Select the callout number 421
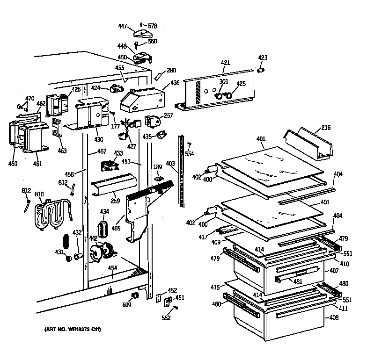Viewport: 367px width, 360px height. click(225, 63)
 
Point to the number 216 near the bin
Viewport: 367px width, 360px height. click(326, 128)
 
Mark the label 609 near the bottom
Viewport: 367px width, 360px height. click(126, 305)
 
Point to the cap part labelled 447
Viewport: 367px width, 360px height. click(141, 33)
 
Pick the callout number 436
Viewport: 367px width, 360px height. click(175, 83)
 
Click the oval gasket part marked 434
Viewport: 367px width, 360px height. click(104, 229)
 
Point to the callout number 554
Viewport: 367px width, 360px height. click(189, 154)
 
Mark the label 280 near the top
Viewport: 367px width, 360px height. click(171, 71)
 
